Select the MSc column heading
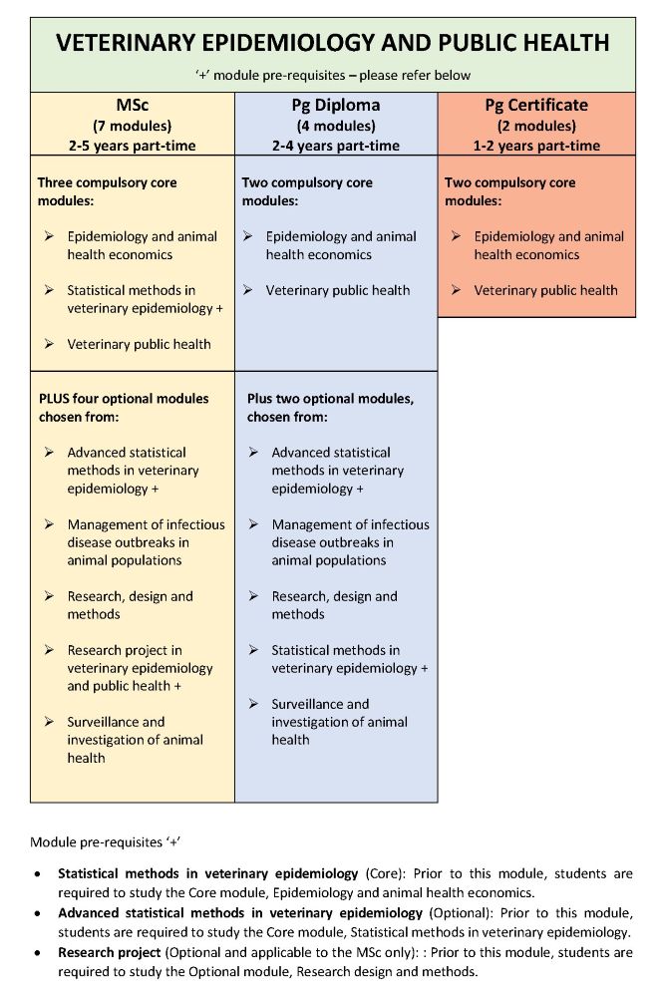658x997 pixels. click(x=133, y=105)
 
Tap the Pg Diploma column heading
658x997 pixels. click(x=336, y=105)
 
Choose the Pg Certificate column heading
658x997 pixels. click(x=536, y=105)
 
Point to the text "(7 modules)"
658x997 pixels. click(x=133, y=126)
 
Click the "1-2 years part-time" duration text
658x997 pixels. click(x=536, y=146)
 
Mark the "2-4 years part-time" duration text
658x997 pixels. click(x=336, y=146)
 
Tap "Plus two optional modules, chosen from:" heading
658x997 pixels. click(x=330, y=407)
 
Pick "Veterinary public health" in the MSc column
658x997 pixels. click(x=140, y=344)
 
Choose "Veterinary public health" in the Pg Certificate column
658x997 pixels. click(x=545, y=290)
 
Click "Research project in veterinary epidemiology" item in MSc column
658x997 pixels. click(x=140, y=668)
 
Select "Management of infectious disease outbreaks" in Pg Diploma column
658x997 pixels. click(x=350, y=542)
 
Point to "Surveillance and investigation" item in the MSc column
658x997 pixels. click(x=136, y=740)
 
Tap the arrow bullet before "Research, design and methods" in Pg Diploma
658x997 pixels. click(x=252, y=596)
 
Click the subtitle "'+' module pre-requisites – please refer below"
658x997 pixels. click(x=333, y=75)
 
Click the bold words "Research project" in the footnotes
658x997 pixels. click(x=108, y=952)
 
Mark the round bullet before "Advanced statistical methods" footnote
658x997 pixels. click(x=38, y=913)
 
